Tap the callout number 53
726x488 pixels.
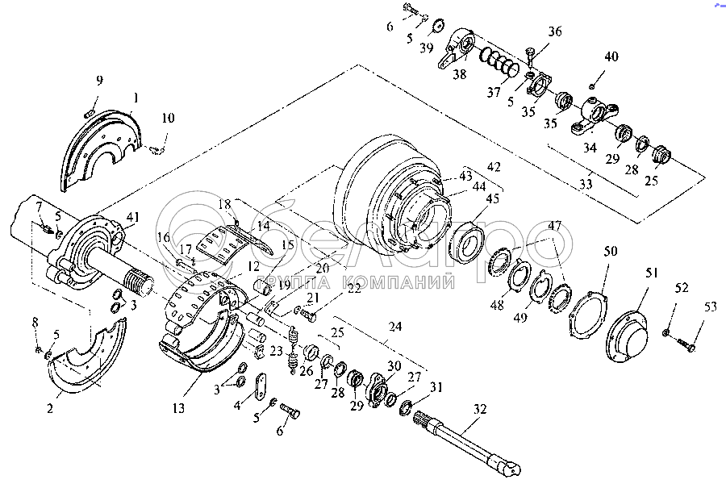(x=710, y=307)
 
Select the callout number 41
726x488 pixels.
(x=131, y=216)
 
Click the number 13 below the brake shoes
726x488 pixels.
(x=178, y=409)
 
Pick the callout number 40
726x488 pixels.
(x=611, y=56)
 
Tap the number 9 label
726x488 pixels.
(x=99, y=80)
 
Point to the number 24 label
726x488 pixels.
(x=394, y=327)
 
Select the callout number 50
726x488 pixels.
(x=611, y=252)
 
